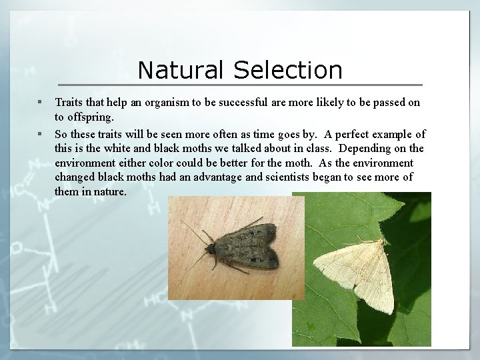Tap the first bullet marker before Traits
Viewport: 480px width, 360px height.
tap(40, 103)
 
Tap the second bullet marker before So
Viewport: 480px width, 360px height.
tap(40, 133)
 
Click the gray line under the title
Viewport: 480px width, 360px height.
tap(240, 85)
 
